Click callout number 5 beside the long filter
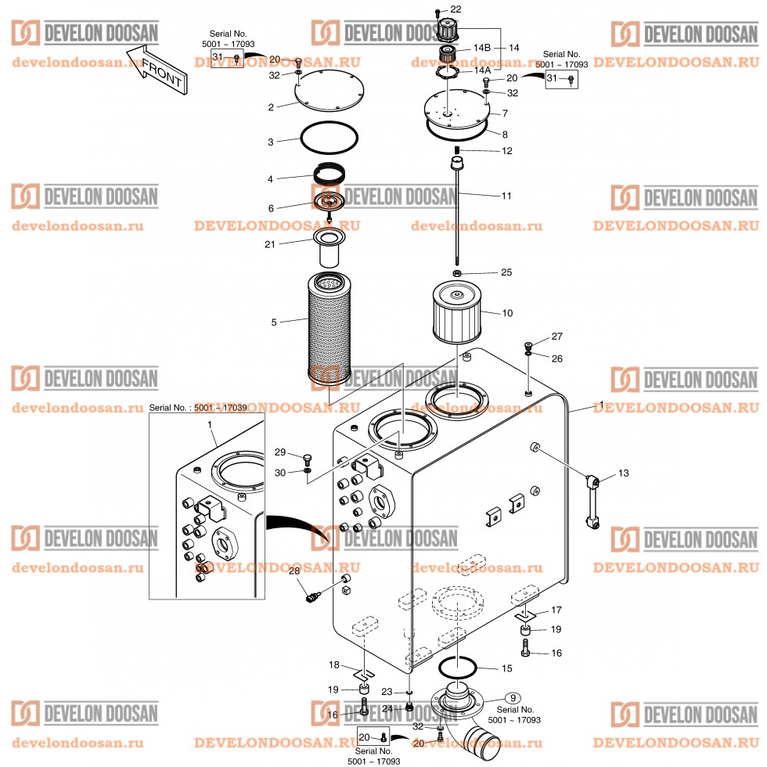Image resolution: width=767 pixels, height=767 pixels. coord(273,321)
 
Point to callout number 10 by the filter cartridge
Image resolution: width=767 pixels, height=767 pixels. coord(507,313)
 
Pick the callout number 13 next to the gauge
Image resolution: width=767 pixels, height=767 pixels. coord(623,474)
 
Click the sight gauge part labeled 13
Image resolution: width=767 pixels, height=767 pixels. coord(590,501)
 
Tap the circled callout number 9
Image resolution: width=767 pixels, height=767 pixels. coord(513,697)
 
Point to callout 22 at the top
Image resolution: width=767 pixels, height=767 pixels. coord(456,9)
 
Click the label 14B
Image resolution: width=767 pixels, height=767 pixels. coord(481,48)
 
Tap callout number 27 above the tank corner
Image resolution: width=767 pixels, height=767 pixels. coord(556,337)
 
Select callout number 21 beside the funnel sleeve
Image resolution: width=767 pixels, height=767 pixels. coord(270,244)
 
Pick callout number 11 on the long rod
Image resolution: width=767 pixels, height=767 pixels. coord(506,196)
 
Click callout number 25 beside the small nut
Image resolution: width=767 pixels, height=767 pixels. coord(506,272)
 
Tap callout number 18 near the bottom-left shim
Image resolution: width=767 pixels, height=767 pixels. coord(334,664)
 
